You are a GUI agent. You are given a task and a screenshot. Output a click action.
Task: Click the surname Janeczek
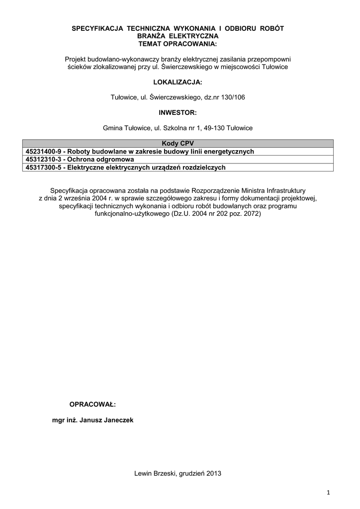(118, 420)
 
